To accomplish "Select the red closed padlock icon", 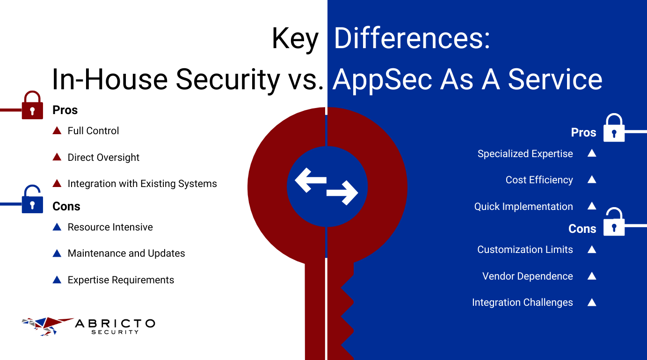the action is (32, 105).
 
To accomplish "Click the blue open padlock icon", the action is (32, 199).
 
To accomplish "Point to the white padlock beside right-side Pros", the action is (614, 128).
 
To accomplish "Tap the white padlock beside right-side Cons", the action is (614, 222).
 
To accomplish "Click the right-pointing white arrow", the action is (342, 193).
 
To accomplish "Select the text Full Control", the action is (93, 131).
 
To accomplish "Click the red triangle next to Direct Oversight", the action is (57, 157).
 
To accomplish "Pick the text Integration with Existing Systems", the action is (142, 184).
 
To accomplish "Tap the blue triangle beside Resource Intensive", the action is (57, 227).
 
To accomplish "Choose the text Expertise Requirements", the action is (121, 280).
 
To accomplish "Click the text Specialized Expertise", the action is (525, 154).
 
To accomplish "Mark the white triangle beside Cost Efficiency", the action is (592, 179).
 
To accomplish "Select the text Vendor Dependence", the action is (527, 276).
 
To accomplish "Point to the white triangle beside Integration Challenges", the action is (592, 302).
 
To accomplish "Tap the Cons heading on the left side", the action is (66, 206).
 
